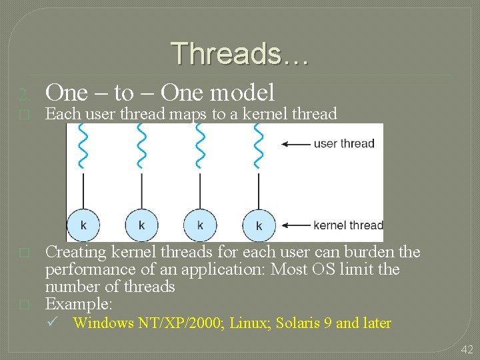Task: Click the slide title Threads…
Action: coord(239,54)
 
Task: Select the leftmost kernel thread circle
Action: coord(83,225)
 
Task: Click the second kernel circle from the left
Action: coord(141,225)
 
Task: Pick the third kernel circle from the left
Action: coord(200,225)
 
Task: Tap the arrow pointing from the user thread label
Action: coord(295,143)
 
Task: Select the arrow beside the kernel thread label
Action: coord(295,225)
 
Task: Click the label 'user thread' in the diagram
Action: coord(343,143)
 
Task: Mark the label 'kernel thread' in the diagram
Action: coord(347,225)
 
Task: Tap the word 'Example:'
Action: coord(78,304)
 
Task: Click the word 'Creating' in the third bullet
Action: coord(75,252)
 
